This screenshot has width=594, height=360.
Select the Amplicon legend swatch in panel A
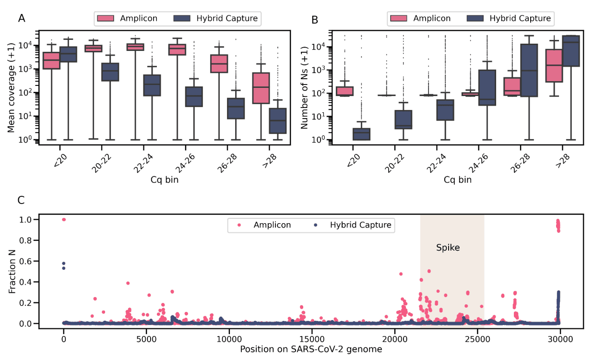click(106, 19)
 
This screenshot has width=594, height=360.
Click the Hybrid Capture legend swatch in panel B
click(475, 19)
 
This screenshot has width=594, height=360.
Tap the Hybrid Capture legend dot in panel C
click(316, 225)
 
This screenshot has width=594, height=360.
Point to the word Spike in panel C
click(448, 248)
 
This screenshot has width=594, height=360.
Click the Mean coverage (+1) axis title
click(11, 88)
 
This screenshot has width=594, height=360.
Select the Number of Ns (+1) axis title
click(304, 88)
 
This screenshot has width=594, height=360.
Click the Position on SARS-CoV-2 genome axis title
click(311, 349)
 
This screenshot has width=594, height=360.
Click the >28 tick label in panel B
click(560, 156)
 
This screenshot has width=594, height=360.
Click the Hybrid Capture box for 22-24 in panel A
click(153, 85)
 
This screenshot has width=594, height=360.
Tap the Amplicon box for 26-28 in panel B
click(512, 86)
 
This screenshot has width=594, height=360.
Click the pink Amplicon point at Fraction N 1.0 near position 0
click(64, 219)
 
